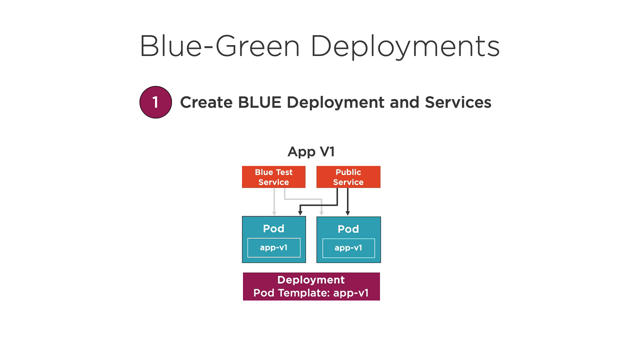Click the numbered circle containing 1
click(155, 102)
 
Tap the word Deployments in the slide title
click(405, 47)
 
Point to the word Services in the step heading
click(458, 102)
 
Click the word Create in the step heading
click(206, 102)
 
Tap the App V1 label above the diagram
click(311, 151)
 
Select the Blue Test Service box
click(273, 177)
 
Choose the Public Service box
click(348, 177)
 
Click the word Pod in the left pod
click(273, 228)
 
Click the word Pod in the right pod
click(348, 229)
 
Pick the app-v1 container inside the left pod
click(274, 247)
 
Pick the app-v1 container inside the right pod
click(348, 248)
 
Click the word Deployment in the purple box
click(311, 280)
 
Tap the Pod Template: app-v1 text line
click(311, 293)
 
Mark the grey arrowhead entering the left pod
click(274, 213)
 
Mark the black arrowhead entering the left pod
click(300, 213)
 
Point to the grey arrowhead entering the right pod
click(321, 213)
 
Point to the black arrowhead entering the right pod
click(348, 213)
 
